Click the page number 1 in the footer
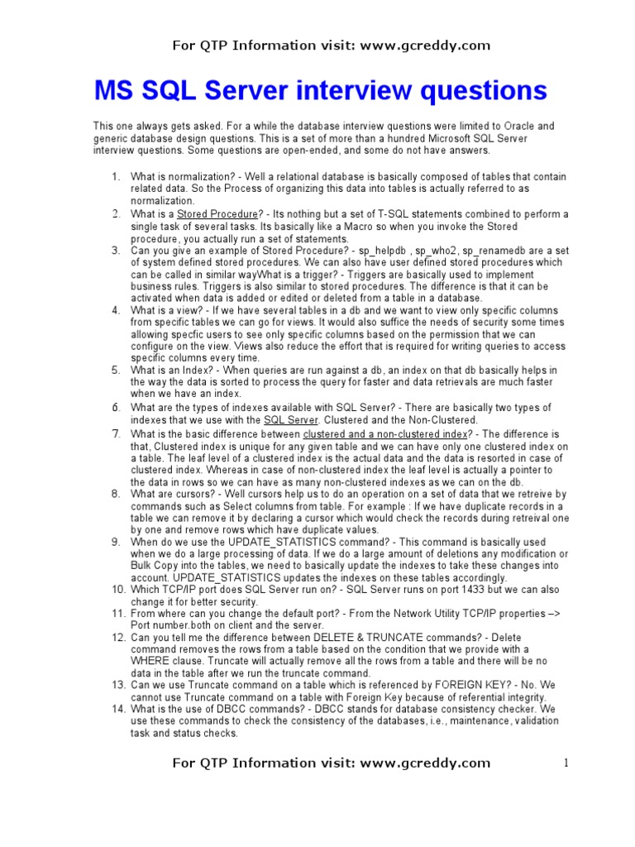(x=566, y=763)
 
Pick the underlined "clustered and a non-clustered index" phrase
(x=385, y=434)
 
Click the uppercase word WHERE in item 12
(x=150, y=662)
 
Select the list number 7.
(x=117, y=434)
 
